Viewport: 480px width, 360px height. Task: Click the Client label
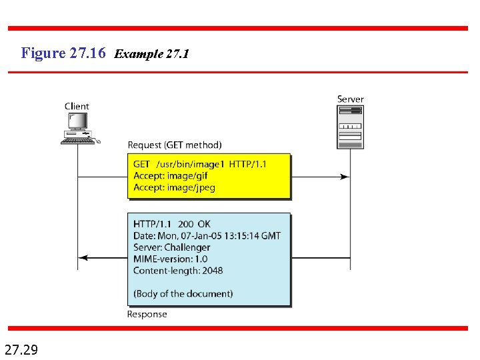point(77,106)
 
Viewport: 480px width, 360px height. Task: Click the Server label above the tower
point(350,99)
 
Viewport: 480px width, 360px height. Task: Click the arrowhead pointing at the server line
point(344,177)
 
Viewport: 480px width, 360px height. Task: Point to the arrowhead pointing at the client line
point(82,257)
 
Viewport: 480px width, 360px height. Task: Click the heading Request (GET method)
point(175,145)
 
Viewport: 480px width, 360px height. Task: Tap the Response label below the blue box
point(147,314)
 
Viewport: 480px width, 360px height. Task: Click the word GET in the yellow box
point(141,164)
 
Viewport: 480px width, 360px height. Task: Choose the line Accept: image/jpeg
point(174,187)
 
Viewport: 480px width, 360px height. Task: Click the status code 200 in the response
point(187,224)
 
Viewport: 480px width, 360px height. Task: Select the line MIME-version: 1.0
point(170,259)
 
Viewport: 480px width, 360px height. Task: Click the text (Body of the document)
point(183,293)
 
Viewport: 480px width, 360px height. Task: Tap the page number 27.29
point(21,349)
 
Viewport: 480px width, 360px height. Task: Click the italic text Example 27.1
point(152,54)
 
